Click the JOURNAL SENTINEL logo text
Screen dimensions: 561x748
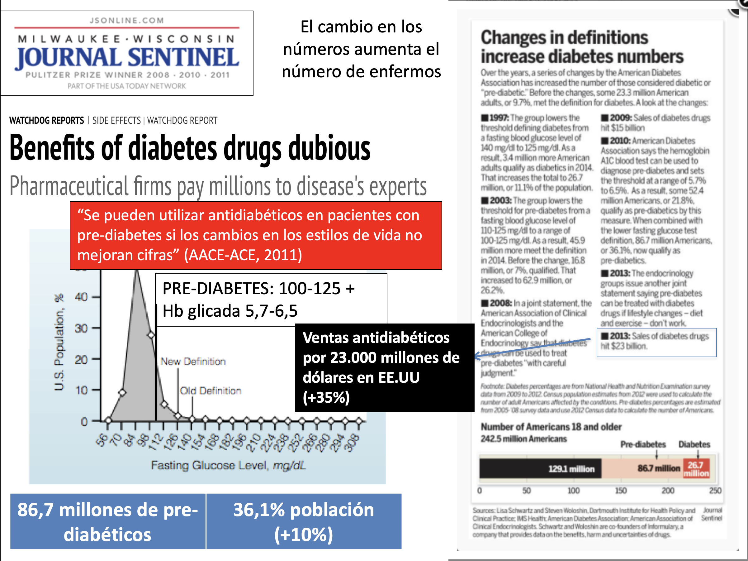[x=127, y=58]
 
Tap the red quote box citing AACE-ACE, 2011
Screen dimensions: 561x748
[x=256, y=236]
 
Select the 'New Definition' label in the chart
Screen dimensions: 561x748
[x=193, y=361]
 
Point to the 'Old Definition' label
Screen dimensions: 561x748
[x=210, y=391]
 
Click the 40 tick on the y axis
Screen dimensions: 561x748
[x=81, y=297]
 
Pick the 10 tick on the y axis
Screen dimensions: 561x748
[x=81, y=391]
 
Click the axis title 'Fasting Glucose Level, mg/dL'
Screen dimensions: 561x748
[x=228, y=466]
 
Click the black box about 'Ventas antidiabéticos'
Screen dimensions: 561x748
[x=384, y=367]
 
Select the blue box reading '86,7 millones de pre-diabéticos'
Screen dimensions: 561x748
[x=107, y=521]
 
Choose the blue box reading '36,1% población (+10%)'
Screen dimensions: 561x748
[x=304, y=521]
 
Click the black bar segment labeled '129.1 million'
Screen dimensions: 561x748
[x=540, y=469]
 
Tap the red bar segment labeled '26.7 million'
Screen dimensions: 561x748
[x=696, y=469]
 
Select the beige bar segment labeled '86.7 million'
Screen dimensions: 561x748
[x=642, y=469]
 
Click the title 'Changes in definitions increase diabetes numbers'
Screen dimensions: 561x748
[x=582, y=47]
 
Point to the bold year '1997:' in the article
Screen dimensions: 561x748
[x=499, y=118]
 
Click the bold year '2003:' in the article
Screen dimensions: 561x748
[x=500, y=200]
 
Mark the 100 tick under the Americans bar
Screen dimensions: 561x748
[x=574, y=490]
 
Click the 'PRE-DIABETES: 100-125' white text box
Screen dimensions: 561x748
[x=271, y=300]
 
